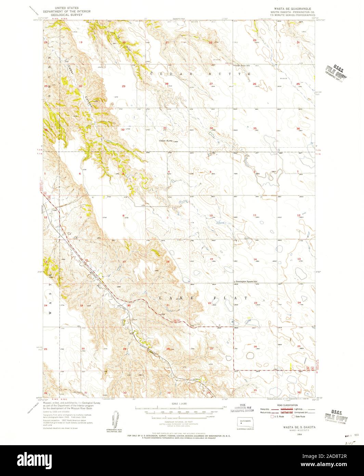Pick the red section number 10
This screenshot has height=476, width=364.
(211, 215)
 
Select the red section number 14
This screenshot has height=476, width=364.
(255, 259)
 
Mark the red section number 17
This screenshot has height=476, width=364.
(125, 262)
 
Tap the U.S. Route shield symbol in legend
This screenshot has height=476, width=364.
(272, 416)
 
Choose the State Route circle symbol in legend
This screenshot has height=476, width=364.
(293, 416)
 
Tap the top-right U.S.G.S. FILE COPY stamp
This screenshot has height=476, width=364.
(337, 71)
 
